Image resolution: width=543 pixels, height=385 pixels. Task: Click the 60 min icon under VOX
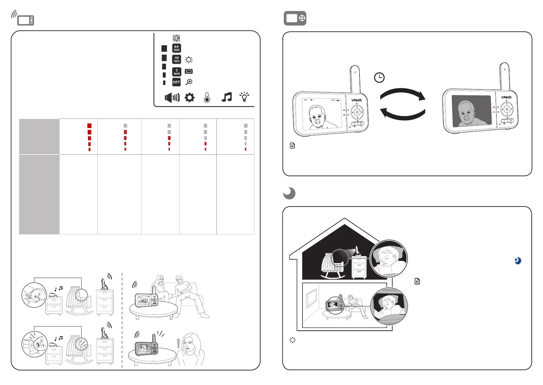176,48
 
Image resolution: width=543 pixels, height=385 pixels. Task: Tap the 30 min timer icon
176,59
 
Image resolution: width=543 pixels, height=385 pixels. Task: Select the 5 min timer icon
176,72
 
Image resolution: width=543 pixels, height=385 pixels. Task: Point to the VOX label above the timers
176,38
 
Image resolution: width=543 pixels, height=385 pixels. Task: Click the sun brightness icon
189,60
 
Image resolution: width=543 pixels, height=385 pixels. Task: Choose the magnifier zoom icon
189,82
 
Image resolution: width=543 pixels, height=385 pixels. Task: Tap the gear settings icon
190,97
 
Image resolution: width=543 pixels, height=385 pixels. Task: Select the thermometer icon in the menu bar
207,98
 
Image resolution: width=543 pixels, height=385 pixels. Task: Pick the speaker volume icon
172,97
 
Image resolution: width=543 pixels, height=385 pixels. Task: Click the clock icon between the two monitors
379,78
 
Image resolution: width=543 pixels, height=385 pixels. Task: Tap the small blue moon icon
518,261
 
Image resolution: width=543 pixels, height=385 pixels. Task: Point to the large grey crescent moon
289,193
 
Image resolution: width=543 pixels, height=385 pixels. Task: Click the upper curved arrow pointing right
403,94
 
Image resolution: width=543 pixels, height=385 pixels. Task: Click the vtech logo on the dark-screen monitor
506,97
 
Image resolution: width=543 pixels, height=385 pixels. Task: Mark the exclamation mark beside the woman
178,343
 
